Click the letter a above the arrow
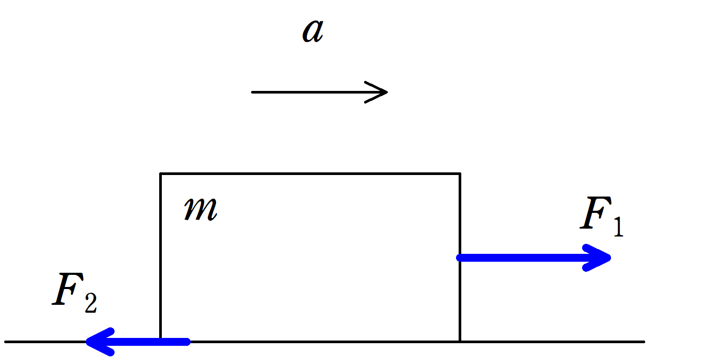click(313, 32)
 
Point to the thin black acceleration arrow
click(315, 92)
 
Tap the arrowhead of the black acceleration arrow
click(385, 92)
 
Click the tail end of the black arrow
click(253, 92)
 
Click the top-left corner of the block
click(161, 173)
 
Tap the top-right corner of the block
click(460, 173)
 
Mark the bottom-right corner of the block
click(460, 342)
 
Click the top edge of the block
click(310, 173)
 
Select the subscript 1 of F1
click(618, 228)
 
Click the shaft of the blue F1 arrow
click(525, 258)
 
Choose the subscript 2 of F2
click(90, 304)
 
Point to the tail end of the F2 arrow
click(187, 342)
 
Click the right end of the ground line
click(643, 342)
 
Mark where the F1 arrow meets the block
click(460, 258)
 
